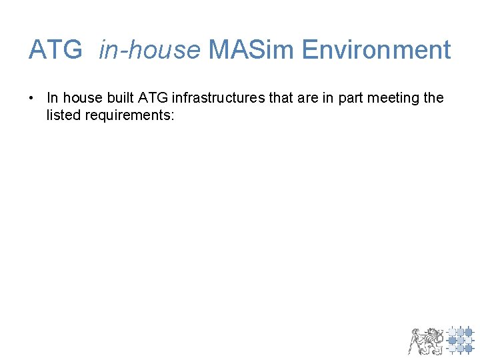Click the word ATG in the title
coord(55,50)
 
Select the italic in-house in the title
coord(149,50)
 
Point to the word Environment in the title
coord(377,50)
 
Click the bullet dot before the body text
coord(31,98)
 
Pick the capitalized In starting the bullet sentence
coord(53,98)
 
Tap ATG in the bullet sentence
coord(153,98)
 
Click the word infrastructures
coord(218,98)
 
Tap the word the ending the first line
coord(433,98)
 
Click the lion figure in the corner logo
coord(425,340)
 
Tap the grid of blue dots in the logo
coord(460,340)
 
